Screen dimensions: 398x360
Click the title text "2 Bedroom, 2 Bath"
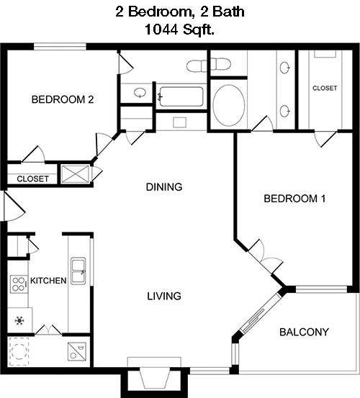[x=179, y=12]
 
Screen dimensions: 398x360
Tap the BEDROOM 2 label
[x=63, y=100]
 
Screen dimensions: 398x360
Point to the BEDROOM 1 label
[x=294, y=199]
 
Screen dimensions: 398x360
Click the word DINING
[x=163, y=187]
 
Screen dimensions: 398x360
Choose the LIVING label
[x=163, y=296]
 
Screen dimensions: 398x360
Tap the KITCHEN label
[x=48, y=281]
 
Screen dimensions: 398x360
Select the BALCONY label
[x=304, y=332]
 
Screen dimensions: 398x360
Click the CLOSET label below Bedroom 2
[x=32, y=178]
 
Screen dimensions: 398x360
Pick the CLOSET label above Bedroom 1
[x=325, y=88]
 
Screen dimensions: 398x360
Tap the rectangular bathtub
[x=181, y=96]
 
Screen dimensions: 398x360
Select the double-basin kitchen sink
[x=78, y=271]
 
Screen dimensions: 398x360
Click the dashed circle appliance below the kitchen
[x=19, y=351]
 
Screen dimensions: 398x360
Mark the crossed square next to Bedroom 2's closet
[x=75, y=174]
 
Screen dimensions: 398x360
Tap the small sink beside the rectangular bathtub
[x=139, y=94]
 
